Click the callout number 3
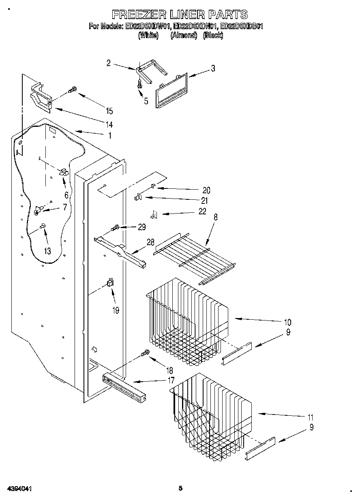pos(213,68)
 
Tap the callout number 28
pos(150,242)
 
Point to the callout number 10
pos(287,323)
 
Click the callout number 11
pos(311,417)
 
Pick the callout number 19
pos(116,310)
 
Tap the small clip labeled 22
pos(154,214)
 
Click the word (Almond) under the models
pos(183,35)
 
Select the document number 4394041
pos(19,489)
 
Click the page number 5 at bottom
pos(180,488)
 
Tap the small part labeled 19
pos(110,283)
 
